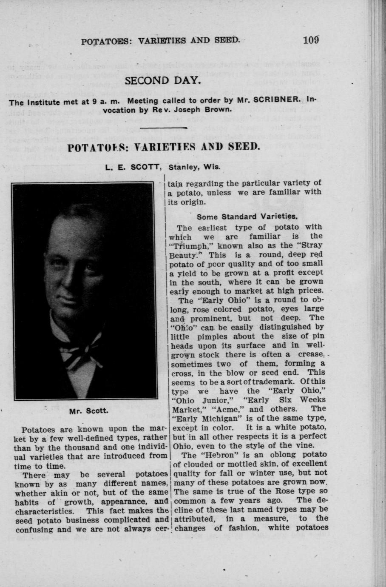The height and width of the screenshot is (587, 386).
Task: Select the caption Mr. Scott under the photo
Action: [84, 411]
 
